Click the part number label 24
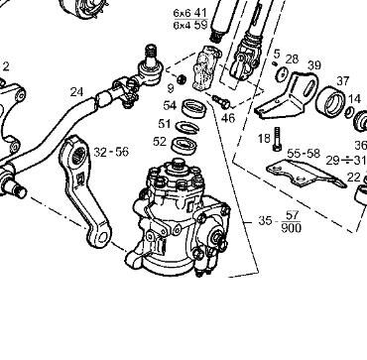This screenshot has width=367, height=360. coord(76,92)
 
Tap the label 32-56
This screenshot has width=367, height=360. coord(111,152)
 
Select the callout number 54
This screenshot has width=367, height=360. coord(170,104)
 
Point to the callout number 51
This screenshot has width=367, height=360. coord(165,124)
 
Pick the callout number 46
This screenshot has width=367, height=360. coord(227,117)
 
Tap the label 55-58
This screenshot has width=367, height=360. coord(305,154)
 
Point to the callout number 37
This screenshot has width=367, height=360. coord(343,81)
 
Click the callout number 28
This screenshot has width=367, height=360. coord(292,60)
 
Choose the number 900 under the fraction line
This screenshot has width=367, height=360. coord(291,228)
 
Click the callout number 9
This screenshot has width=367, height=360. coord(170,87)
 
